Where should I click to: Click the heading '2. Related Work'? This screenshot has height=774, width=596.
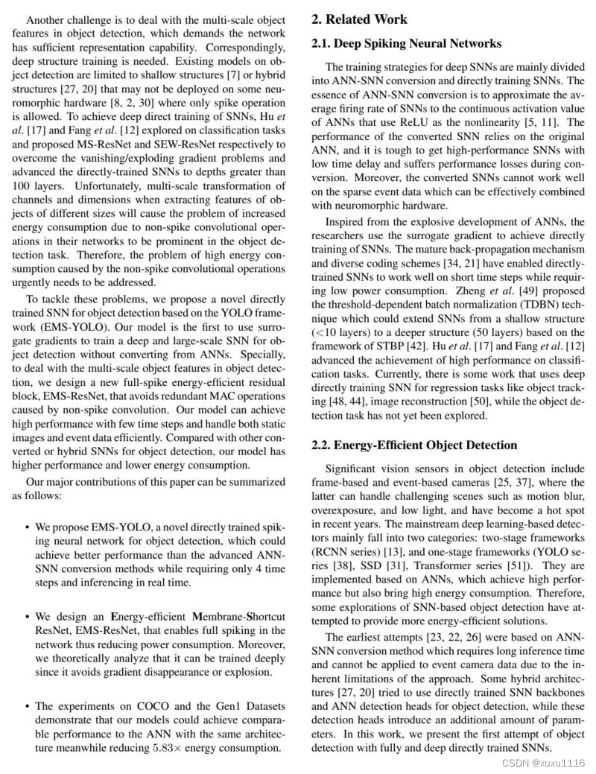(360, 19)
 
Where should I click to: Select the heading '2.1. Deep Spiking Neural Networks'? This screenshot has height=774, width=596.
(406, 43)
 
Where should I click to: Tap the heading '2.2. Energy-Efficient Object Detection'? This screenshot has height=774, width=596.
(413, 445)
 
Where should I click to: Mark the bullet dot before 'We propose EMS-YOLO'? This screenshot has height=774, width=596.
(28, 527)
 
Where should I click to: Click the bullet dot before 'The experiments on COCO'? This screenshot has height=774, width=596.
(28, 705)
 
